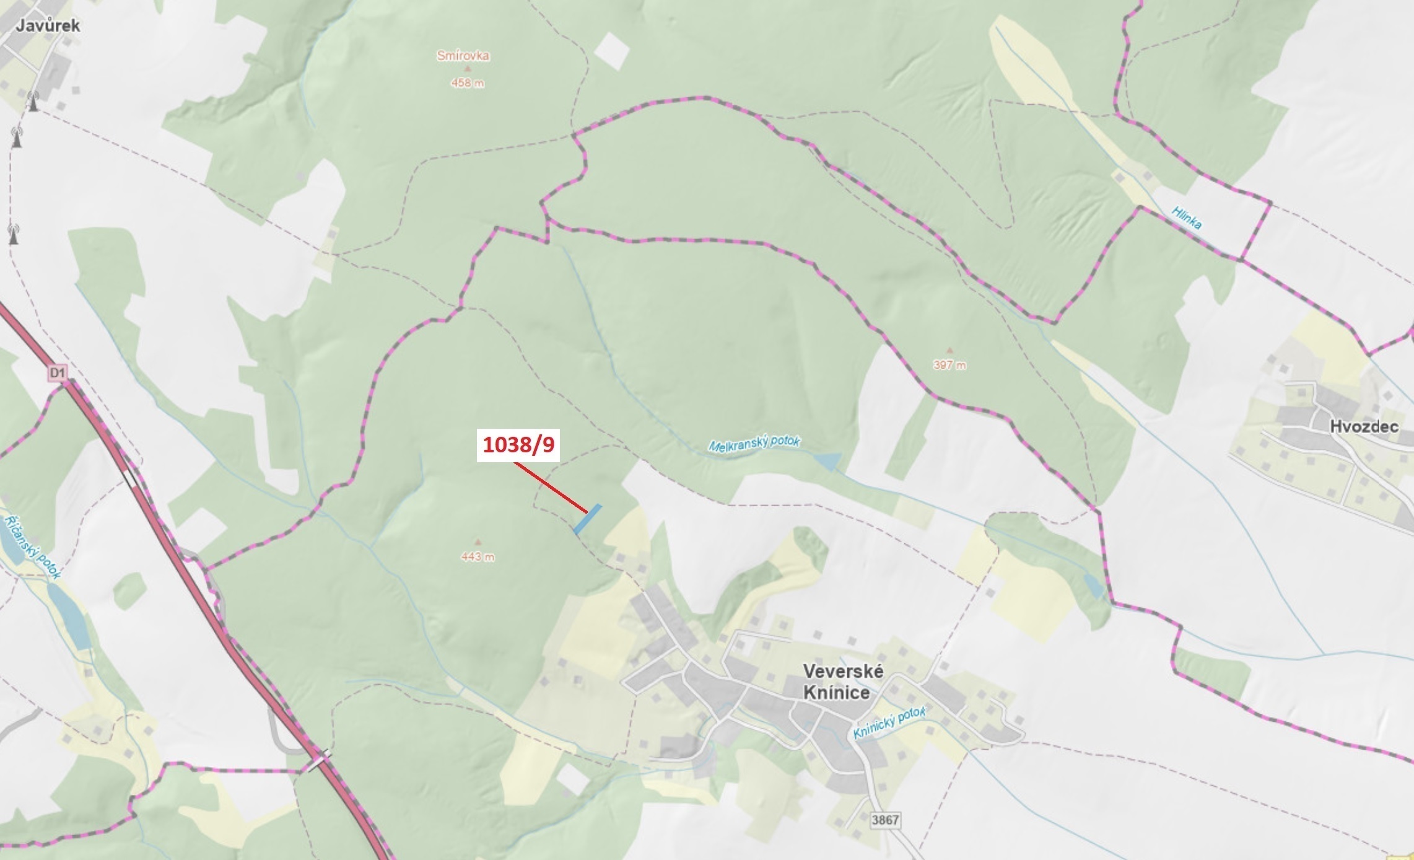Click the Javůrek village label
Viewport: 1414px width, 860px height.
(48, 25)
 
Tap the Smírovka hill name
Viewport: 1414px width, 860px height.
(463, 56)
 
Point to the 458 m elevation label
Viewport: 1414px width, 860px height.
(468, 83)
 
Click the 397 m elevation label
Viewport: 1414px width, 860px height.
(949, 365)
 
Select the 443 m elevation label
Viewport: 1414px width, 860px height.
(478, 556)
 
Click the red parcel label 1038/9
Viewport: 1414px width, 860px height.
(518, 444)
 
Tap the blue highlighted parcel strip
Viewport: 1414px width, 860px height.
(587, 519)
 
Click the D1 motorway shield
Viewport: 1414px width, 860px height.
(57, 372)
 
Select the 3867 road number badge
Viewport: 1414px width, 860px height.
(884, 820)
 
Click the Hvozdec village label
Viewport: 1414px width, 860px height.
(1364, 426)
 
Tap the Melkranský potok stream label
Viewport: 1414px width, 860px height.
(754, 444)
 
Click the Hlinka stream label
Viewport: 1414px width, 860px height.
(1187, 218)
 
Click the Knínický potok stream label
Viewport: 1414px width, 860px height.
(889, 722)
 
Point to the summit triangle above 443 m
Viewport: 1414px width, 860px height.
(477, 542)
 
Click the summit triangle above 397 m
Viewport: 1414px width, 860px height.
(949, 351)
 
